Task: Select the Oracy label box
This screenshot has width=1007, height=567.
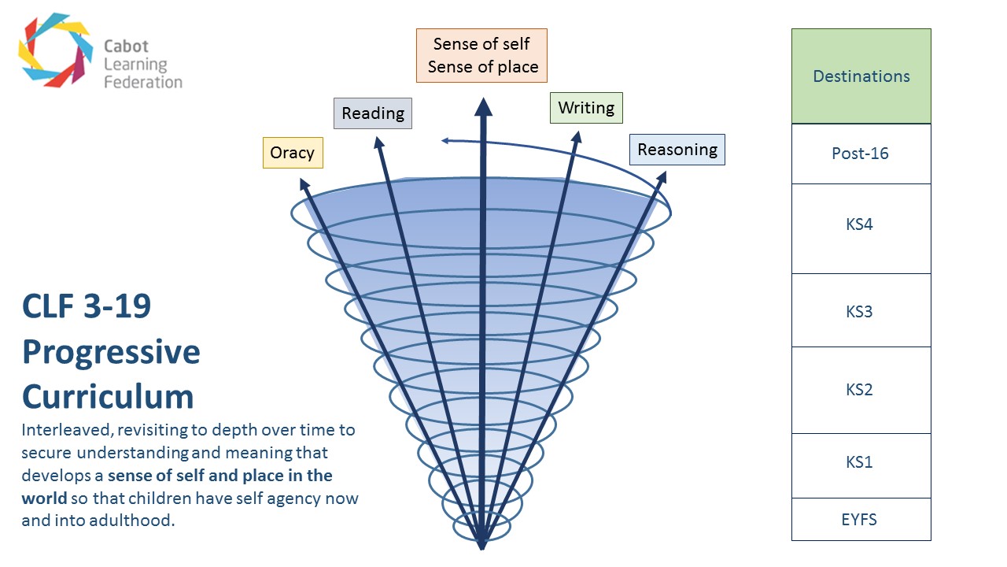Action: click(x=293, y=153)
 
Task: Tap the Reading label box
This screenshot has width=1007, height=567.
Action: click(x=373, y=113)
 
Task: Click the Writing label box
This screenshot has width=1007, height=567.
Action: click(x=586, y=108)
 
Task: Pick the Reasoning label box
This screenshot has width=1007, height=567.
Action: click(x=677, y=150)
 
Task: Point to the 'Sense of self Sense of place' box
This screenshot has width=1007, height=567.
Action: click(x=481, y=56)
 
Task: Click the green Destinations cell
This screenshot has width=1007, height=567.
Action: click(x=861, y=76)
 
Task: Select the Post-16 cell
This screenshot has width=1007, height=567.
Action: click(x=861, y=154)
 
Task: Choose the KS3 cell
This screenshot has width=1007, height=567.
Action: click(x=861, y=311)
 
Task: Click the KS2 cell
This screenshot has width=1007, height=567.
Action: click(x=861, y=390)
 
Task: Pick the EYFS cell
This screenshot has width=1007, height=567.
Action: click(x=861, y=520)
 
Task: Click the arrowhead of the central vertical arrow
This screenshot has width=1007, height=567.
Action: click(x=483, y=106)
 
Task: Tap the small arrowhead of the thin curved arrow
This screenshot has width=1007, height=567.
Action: click(x=445, y=141)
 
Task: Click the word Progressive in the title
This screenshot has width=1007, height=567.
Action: click(x=111, y=352)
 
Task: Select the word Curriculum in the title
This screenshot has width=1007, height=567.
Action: click(x=108, y=395)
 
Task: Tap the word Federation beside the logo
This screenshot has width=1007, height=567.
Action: click(x=143, y=82)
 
